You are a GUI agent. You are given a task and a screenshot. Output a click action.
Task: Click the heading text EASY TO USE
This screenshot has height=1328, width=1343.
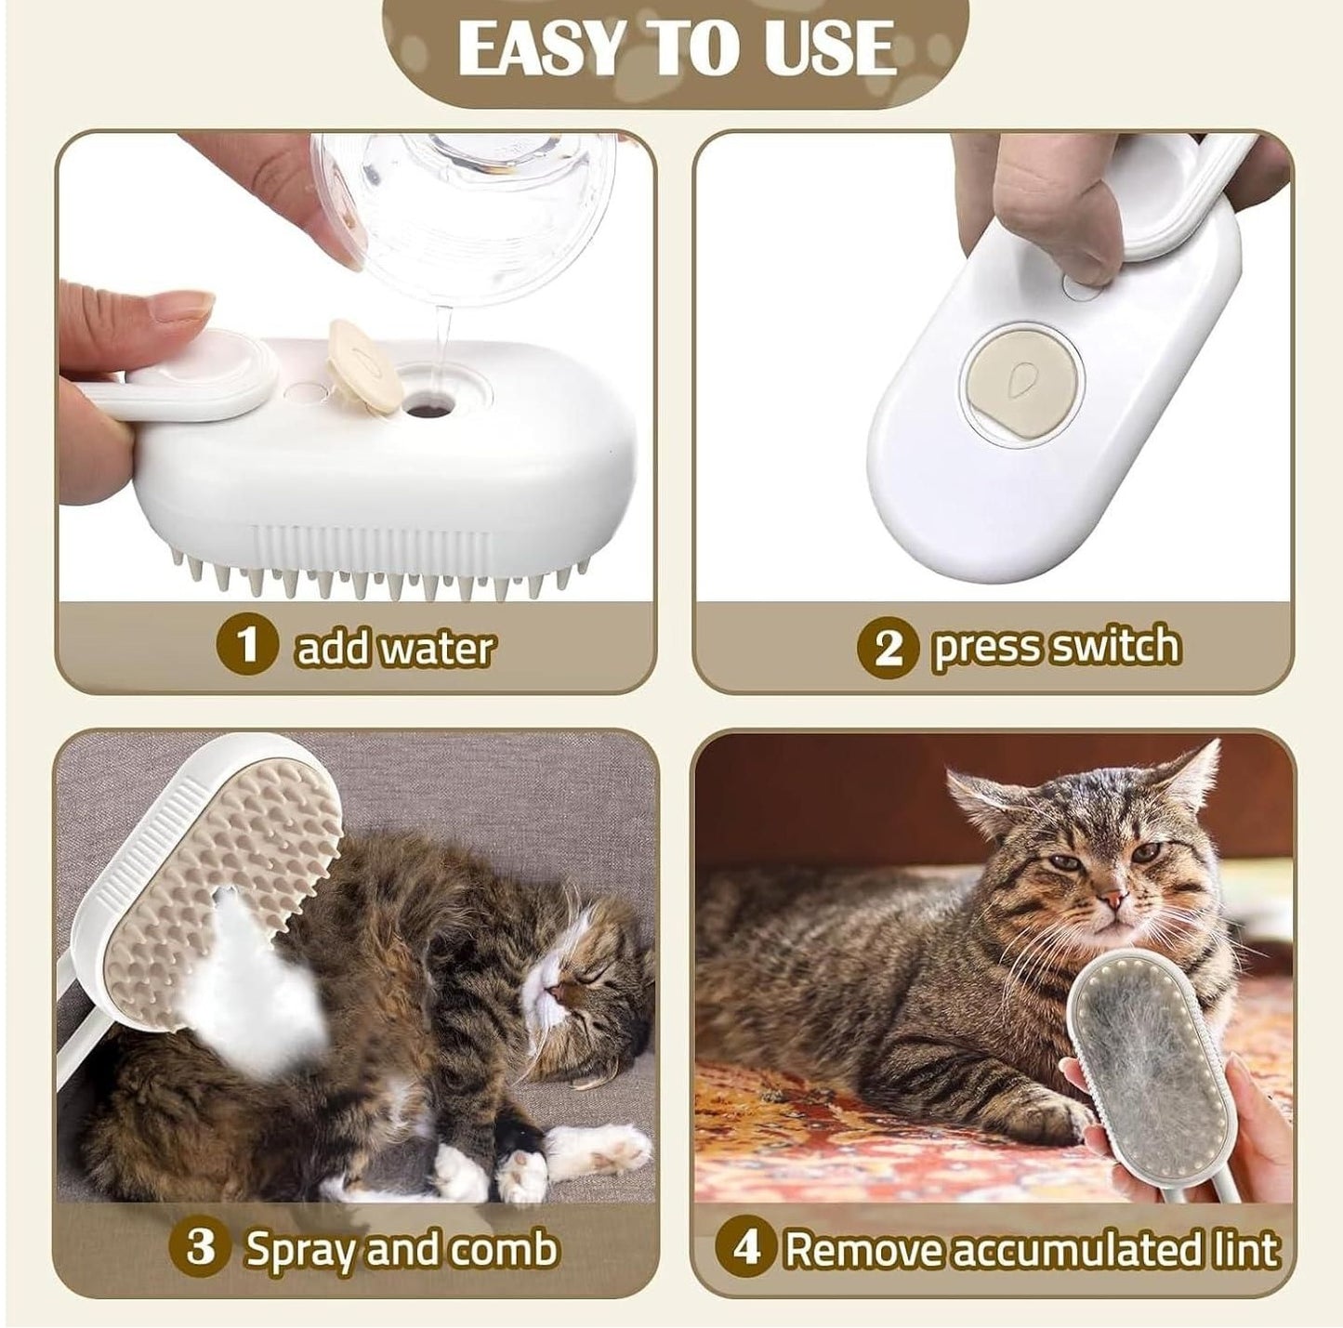[x=676, y=48]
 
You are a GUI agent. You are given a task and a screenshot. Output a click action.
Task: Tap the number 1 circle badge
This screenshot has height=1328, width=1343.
[x=246, y=645]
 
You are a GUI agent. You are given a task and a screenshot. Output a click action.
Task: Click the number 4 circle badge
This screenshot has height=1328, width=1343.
[x=747, y=1248]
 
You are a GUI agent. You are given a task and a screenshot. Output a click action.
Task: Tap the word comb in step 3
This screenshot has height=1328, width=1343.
[x=504, y=1248]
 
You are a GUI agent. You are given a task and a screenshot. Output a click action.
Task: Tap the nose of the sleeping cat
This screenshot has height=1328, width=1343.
[x=556, y=995]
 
